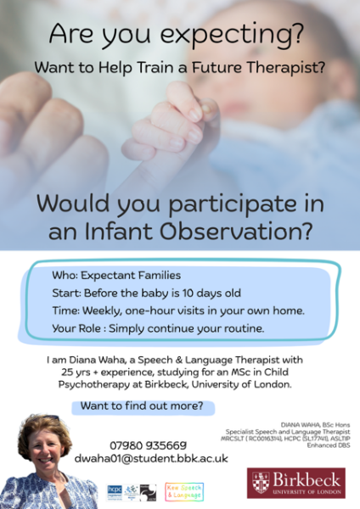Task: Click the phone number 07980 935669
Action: (148, 445)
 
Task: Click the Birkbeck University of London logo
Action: (296, 484)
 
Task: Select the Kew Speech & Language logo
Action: (183, 491)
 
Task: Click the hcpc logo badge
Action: (114, 491)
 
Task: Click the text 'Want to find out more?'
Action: (141, 406)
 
